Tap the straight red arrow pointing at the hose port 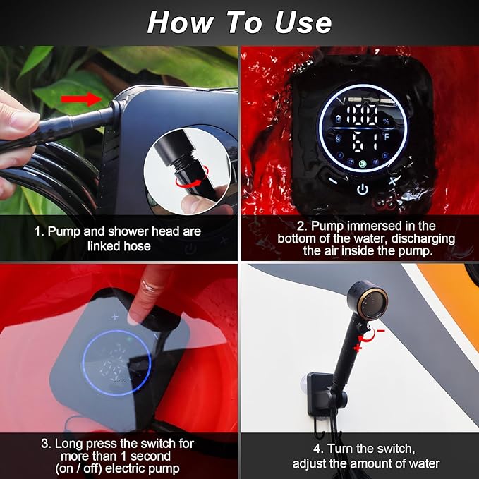80,98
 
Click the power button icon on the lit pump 362,189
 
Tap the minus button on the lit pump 332,180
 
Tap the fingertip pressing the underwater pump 136,314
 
